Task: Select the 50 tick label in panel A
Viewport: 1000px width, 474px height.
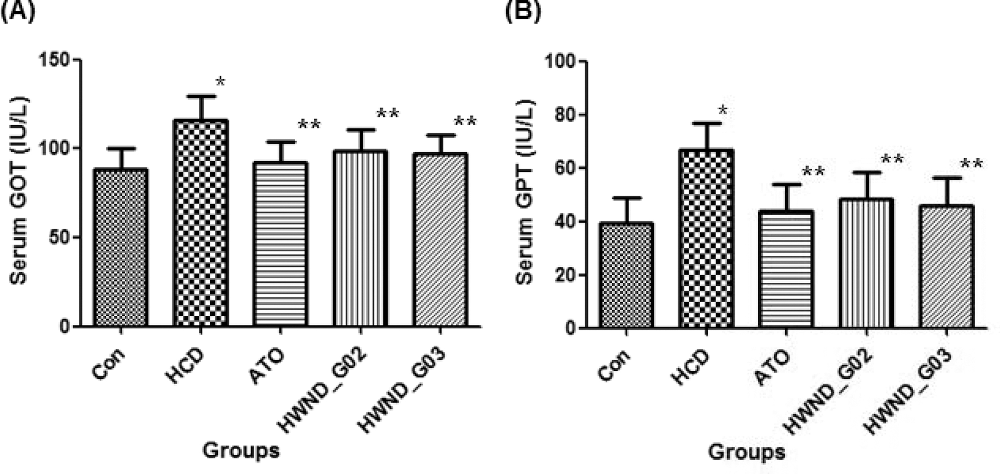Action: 59,238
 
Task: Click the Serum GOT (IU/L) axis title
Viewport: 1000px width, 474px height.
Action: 19,191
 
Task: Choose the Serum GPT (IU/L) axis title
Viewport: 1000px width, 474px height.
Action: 525,192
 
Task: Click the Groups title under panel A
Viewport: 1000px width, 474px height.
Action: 241,450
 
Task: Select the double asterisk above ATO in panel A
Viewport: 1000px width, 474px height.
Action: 309,125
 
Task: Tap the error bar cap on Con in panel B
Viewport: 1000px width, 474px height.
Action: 626,198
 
